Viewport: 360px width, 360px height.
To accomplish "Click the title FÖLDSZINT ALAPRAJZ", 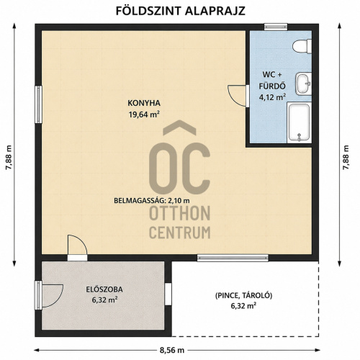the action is point(181,11).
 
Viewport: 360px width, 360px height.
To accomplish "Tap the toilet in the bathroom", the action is point(302,46).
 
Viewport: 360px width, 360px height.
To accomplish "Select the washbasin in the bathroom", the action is point(303,84).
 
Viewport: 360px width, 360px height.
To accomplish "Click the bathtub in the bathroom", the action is point(300,122).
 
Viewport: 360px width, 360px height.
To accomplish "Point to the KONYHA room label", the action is point(144,103).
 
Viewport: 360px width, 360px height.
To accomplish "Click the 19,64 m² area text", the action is point(144,114).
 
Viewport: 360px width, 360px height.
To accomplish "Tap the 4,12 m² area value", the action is point(272,97).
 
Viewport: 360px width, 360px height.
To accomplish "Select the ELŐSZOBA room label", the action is point(104,289).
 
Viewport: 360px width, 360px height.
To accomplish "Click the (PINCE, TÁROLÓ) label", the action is point(243,296).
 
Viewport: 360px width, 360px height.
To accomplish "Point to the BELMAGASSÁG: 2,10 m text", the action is point(152,200).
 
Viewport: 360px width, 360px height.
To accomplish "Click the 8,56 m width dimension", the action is point(172,350).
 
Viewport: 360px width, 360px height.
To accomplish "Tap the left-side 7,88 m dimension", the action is point(9,157).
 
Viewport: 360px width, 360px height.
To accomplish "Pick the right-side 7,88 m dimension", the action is point(346,157).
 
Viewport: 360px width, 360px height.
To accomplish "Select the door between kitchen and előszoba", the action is point(77,248).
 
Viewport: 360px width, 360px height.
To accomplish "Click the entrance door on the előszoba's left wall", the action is point(49,296).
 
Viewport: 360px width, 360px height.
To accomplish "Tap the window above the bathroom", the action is point(276,27).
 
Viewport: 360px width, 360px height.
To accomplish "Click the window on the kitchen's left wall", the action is point(38,104).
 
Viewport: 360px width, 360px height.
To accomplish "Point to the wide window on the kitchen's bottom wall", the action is point(233,258).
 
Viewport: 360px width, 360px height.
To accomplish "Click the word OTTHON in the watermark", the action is point(180,213).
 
